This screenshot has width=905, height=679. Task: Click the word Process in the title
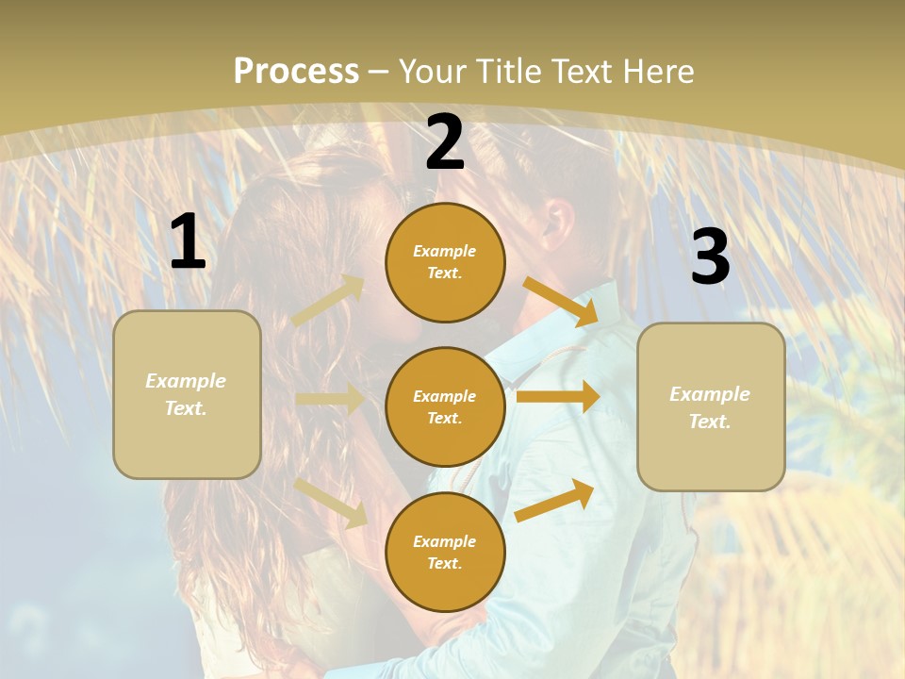[296, 72]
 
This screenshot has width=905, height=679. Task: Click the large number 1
[188, 242]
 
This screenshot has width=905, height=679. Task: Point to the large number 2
[445, 142]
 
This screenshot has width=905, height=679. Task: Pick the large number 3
[710, 257]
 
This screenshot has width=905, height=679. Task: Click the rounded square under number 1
[187, 394]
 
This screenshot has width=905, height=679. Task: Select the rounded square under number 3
[711, 407]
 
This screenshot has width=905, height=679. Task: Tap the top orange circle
[445, 262]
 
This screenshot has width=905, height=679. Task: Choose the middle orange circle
[445, 407]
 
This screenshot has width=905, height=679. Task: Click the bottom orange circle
[445, 553]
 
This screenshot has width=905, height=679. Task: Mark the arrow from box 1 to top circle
[328, 301]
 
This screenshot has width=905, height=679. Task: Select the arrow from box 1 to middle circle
[330, 399]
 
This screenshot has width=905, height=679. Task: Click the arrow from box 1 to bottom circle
[331, 502]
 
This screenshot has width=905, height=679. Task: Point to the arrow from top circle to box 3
[561, 302]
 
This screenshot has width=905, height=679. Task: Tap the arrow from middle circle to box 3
[558, 397]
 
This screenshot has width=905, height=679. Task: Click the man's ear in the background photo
[559, 223]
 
